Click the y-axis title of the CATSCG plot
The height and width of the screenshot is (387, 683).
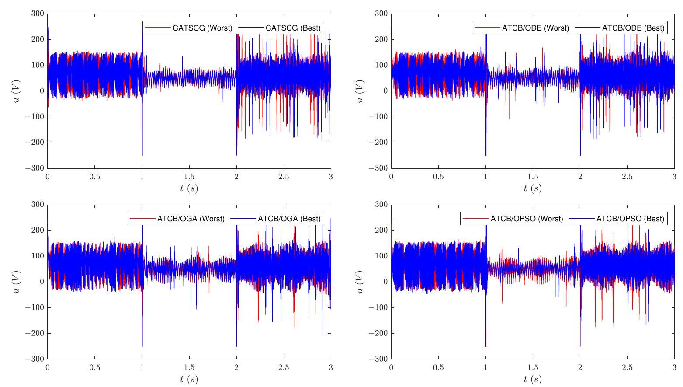(17, 91)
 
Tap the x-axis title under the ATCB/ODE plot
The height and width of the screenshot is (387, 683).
(532, 188)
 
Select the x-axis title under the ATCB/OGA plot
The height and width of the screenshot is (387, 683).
(189, 379)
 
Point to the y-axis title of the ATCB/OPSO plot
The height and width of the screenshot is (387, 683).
(360, 282)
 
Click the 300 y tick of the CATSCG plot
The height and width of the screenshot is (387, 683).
(38, 14)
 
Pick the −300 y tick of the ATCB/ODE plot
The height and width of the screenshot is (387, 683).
(378, 168)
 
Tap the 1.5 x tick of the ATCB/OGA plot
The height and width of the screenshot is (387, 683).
(189, 367)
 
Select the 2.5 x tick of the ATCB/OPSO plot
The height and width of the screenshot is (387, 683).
(627, 367)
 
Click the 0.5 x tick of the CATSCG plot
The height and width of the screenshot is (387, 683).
(94, 176)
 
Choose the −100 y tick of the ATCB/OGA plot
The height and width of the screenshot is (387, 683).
(35, 307)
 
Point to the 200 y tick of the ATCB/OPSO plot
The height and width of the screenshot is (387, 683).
(381, 230)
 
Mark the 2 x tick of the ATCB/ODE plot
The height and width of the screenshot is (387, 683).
(580, 176)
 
